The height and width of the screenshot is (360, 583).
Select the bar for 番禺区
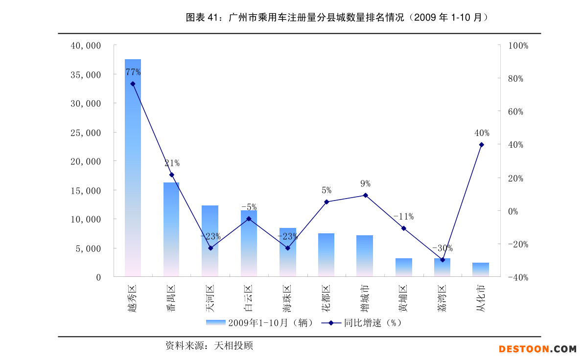pyautogui.click(x=171, y=229)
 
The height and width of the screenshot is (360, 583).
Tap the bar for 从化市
pyautogui.click(x=481, y=270)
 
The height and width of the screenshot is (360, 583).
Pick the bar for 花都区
pyautogui.click(x=326, y=255)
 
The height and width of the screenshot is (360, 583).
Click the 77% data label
pyautogui.click(x=133, y=72)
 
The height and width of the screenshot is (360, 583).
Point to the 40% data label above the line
pyautogui.click(x=482, y=133)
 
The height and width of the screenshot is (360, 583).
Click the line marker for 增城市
pyautogui.click(x=365, y=195)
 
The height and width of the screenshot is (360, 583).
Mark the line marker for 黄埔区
pyautogui.click(x=404, y=228)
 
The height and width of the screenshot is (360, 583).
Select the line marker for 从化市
pyautogui.click(x=481, y=145)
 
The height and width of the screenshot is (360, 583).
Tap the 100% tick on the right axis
pyautogui.click(x=518, y=45)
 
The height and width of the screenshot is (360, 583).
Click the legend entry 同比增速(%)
pyautogui.click(x=362, y=323)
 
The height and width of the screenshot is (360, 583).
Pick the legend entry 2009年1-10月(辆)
pyautogui.click(x=259, y=323)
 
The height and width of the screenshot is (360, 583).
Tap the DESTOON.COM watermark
pyautogui.click(x=537, y=349)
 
